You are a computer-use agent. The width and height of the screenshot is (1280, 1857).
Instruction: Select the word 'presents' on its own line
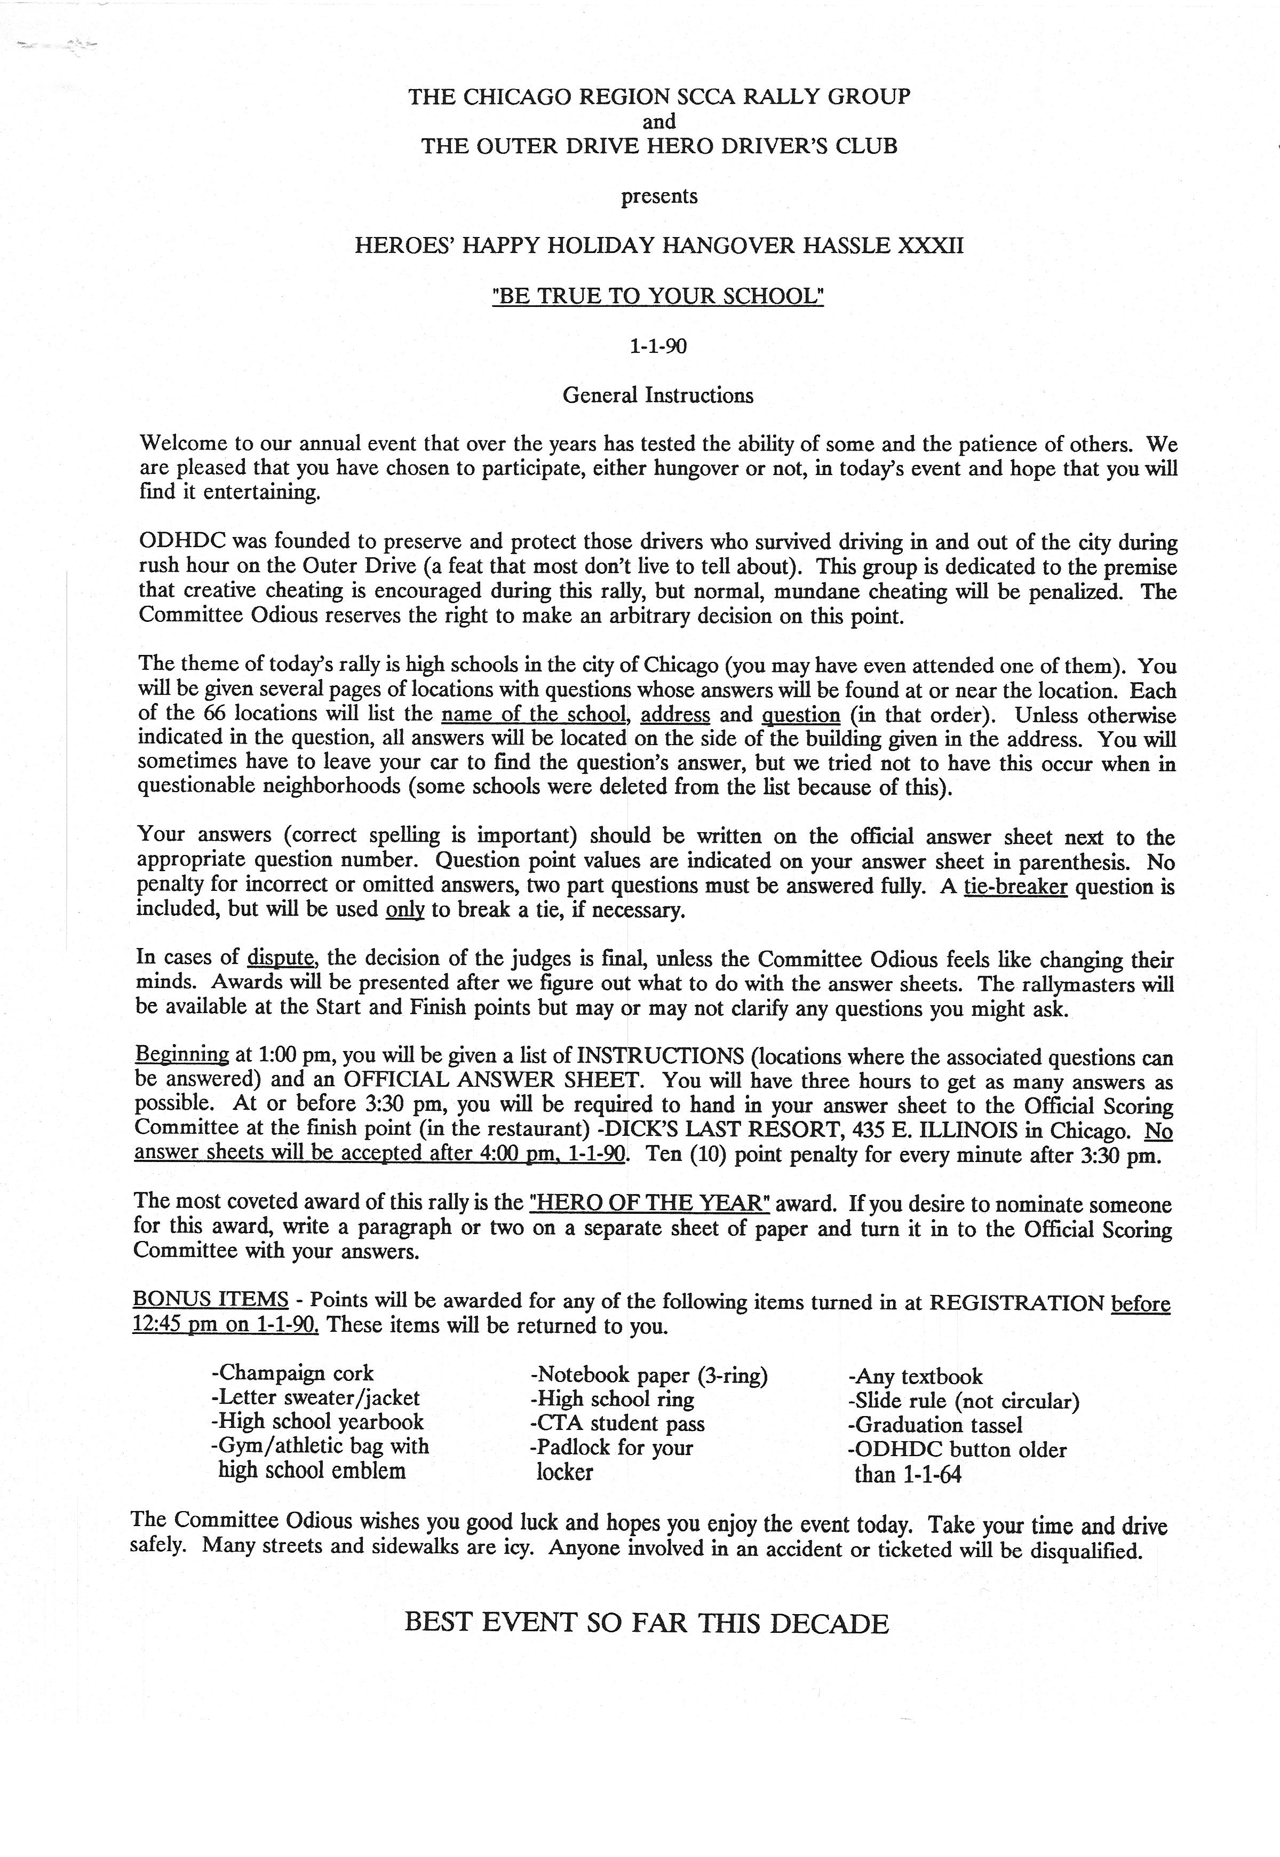pos(658,196)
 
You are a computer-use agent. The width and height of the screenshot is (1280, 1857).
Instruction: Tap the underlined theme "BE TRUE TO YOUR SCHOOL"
pos(658,296)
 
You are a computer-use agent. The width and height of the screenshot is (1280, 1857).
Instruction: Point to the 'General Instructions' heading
pos(658,396)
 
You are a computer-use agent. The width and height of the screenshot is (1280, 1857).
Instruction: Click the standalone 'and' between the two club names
pos(658,122)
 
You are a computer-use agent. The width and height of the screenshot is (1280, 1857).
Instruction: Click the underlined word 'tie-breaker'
pos(1015,887)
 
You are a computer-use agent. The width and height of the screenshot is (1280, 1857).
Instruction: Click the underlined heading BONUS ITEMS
pos(210,1300)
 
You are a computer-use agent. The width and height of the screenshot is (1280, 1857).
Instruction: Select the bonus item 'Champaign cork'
pos(293,1373)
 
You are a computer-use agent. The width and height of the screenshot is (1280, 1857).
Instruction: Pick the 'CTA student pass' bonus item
pos(617,1424)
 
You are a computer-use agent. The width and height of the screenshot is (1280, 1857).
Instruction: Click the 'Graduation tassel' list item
pos(935,1425)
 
